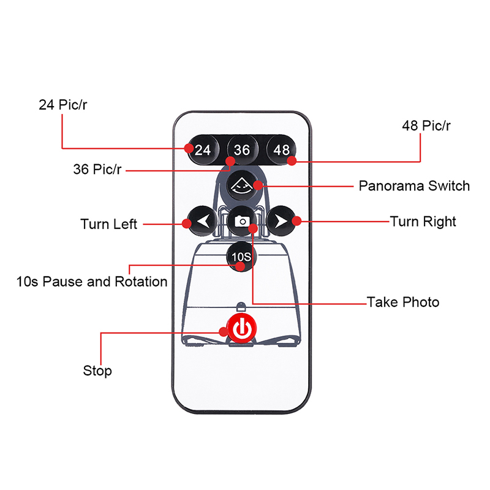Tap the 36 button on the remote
242,149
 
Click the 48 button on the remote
281,149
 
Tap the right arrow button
281,221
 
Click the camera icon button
242,221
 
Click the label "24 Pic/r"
64,105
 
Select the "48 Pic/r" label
426,126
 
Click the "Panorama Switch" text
414,186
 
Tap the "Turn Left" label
109,224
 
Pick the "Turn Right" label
423,221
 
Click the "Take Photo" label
403,302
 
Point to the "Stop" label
97,371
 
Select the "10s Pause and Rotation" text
92,282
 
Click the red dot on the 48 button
292,161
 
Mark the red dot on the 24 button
190,148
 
